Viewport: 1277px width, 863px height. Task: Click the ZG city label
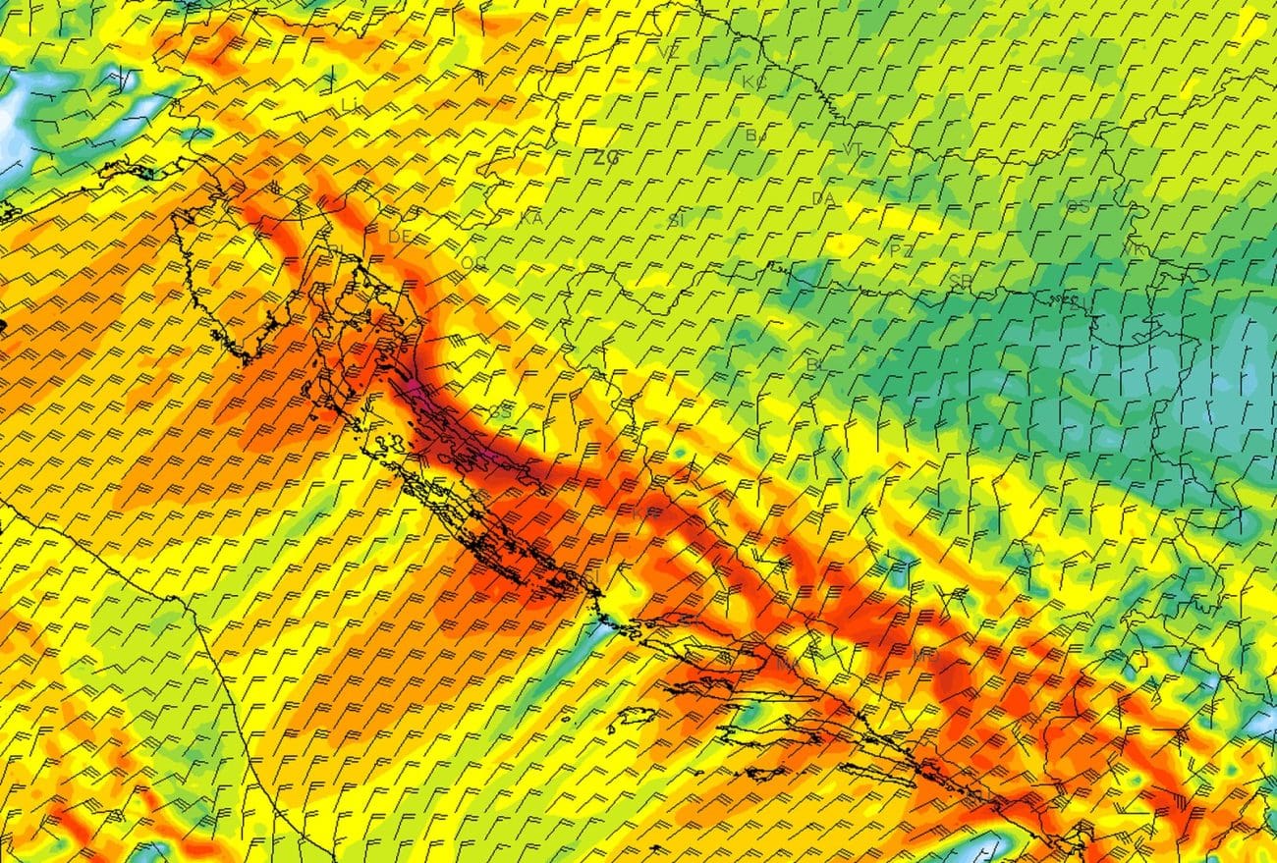tap(606, 157)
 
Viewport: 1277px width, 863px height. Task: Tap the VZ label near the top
tap(670, 52)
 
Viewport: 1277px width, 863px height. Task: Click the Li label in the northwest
tap(350, 103)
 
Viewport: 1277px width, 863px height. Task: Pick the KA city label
tap(531, 218)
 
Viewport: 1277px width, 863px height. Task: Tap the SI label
tap(676, 220)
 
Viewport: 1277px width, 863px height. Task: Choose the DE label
tap(399, 237)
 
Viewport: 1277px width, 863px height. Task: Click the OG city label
tap(472, 263)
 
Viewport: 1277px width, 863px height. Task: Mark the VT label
tap(854, 149)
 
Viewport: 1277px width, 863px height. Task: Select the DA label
tap(823, 199)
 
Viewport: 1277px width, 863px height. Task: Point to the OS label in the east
tap(1078, 206)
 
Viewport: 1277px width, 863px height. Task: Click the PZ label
tap(901, 250)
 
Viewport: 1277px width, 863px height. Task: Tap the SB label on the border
tap(960, 281)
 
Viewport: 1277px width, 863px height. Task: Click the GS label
tap(500, 412)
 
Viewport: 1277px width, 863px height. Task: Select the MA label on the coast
tap(787, 665)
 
